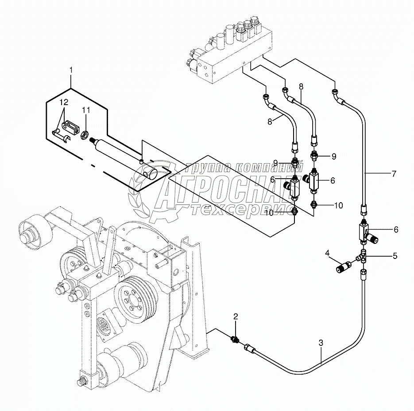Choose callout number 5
pos(395,256)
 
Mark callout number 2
pos(236,316)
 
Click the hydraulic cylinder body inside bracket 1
pos(115,151)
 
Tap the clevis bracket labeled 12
pos(71,127)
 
